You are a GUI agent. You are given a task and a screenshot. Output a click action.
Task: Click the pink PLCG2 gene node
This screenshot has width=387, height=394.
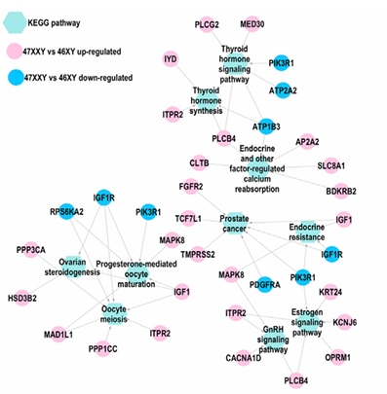coord(207,24)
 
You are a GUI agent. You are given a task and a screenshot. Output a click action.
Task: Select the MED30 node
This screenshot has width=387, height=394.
coord(252,24)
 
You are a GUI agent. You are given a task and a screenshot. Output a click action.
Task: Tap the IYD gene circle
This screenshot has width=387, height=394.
coord(171,59)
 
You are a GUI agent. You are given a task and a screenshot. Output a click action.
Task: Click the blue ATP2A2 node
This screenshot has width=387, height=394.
coord(283,90)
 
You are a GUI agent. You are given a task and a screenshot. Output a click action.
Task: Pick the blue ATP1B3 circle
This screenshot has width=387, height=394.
coord(266,126)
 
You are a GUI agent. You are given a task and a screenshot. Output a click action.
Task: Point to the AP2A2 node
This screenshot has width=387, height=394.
coord(307,142)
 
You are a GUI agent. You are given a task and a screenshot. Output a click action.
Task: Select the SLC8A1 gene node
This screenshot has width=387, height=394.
coord(331,165)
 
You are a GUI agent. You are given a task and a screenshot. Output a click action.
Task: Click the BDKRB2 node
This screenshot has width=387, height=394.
coord(341,191)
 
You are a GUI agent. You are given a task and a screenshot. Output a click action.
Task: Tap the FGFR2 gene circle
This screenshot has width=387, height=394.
coord(191,187)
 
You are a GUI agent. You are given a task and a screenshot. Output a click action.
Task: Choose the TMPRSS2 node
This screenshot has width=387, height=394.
coord(198,254)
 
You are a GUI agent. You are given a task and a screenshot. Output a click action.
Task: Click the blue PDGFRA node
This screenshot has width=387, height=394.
coord(265,285)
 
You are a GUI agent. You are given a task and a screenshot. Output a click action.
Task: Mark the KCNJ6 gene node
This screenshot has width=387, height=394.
coord(344,322)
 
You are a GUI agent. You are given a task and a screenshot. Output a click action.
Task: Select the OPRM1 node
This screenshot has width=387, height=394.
coord(337,357)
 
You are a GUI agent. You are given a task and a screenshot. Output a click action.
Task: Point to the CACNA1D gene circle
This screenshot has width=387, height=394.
coord(244,358)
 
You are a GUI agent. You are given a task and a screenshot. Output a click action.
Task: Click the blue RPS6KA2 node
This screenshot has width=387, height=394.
coord(66,212)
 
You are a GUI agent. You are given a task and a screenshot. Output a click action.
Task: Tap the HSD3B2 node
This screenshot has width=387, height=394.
coord(22,298)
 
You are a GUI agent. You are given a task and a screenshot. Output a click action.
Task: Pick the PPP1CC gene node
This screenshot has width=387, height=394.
coord(102,349)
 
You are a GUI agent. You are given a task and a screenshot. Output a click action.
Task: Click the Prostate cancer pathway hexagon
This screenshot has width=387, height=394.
coord(234,224)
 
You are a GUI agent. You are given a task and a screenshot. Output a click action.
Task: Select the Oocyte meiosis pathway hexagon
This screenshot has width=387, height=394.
coord(113,314)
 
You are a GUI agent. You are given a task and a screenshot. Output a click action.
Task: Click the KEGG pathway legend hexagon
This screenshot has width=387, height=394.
coord(15,22)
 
